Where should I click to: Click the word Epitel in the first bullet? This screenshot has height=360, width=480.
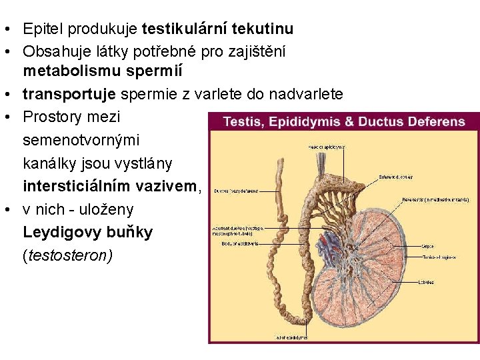42,29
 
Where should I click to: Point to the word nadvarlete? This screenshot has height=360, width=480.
307,94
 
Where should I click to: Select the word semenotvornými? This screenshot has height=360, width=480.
81,141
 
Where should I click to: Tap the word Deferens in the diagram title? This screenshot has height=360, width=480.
434,121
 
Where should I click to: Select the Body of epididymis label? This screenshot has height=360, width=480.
239,243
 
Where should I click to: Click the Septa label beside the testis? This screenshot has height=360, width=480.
428,246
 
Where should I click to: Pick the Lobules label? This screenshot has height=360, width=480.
426,282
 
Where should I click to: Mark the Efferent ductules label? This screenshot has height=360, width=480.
395,177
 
